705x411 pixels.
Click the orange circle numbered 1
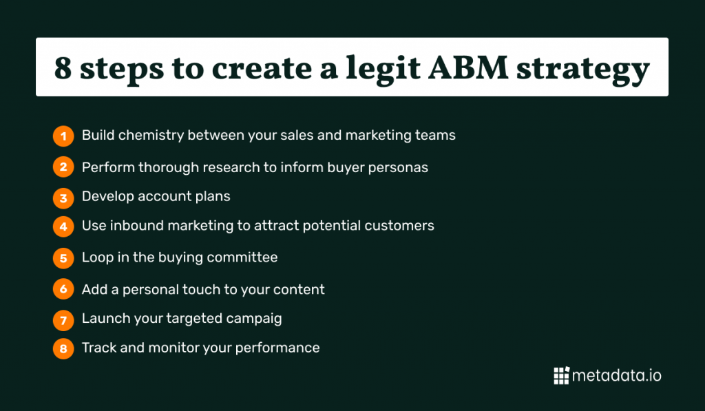coord(63,136)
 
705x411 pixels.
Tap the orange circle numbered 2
coord(63,167)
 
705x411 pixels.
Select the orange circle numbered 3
coord(63,198)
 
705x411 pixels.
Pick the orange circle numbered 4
coord(63,226)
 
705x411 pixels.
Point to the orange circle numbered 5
coord(63,258)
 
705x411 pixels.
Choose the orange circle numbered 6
coord(63,289)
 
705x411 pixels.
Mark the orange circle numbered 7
coord(63,320)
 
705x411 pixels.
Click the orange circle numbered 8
coord(63,348)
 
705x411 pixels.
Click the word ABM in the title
coord(468,68)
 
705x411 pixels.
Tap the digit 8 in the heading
coord(63,68)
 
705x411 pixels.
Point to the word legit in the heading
coord(383,70)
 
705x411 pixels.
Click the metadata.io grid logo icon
coord(562,375)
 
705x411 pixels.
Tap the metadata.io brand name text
coord(616,375)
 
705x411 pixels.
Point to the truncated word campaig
coord(254,319)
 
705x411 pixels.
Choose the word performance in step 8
coord(277,348)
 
